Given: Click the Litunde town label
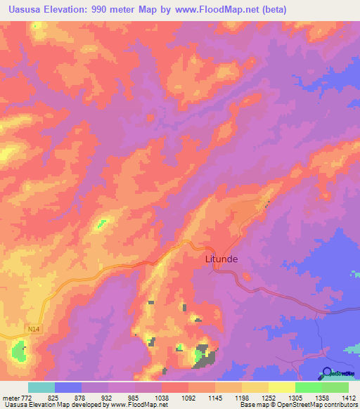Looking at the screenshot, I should point(221,259).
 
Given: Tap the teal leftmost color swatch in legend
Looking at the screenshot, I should point(41,387).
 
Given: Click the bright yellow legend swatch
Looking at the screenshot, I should point(281,387).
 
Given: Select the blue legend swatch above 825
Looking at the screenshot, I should point(68,387).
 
